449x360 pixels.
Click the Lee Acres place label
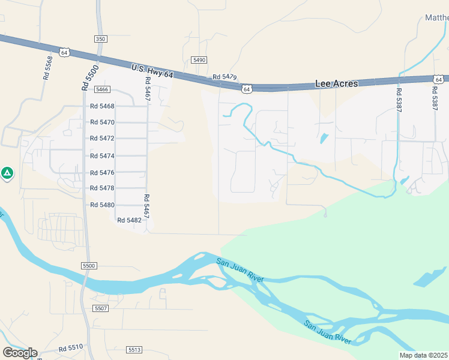336,84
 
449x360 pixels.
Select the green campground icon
7,173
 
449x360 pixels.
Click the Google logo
20,353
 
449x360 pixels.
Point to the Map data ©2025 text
424,355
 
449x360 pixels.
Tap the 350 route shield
100,38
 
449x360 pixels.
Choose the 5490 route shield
199,60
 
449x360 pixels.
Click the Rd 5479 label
225,77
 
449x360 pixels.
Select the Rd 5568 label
47,68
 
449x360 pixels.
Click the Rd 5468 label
102,106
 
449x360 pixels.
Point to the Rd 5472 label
102,138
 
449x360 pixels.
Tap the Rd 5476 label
102,173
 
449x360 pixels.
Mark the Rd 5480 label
102,205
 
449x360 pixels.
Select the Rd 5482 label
129,220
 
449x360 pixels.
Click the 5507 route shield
100,308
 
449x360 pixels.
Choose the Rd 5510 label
71,348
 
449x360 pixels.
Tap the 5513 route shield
134,349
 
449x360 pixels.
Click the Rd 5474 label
102,155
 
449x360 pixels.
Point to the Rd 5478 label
102,188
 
